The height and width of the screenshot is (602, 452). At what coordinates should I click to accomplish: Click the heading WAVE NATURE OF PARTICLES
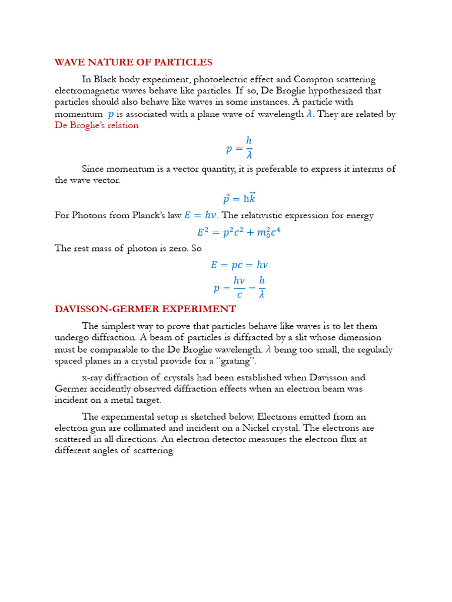pyautogui.click(x=133, y=62)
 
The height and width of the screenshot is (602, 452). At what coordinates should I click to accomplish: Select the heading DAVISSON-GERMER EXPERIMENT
pyautogui.click(x=145, y=309)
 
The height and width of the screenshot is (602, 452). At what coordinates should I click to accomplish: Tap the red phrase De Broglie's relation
pyautogui.click(x=97, y=125)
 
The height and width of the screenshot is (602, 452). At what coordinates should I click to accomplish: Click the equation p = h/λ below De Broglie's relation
pyautogui.click(x=240, y=148)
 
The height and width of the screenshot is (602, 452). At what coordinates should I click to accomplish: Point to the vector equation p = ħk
pyautogui.click(x=240, y=198)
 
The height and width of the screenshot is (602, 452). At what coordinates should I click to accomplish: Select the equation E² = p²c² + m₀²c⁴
pyautogui.click(x=239, y=232)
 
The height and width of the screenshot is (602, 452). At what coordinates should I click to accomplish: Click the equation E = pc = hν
pyautogui.click(x=239, y=265)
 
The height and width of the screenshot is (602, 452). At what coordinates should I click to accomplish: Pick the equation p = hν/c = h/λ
pyautogui.click(x=240, y=287)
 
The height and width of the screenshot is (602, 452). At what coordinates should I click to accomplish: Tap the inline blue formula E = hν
pyautogui.click(x=200, y=215)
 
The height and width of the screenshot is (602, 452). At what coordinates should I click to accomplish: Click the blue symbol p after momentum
pyautogui.click(x=111, y=114)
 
